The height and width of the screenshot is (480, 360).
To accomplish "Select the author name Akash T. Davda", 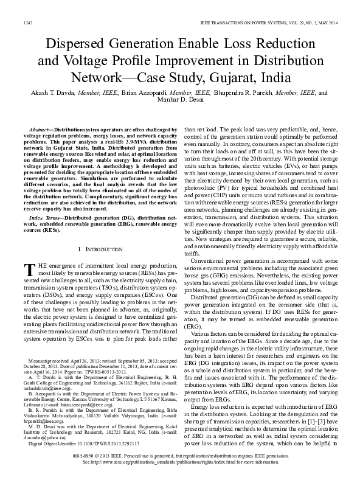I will tap(57, 93).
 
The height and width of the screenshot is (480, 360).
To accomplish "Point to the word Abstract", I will tap(41, 130).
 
